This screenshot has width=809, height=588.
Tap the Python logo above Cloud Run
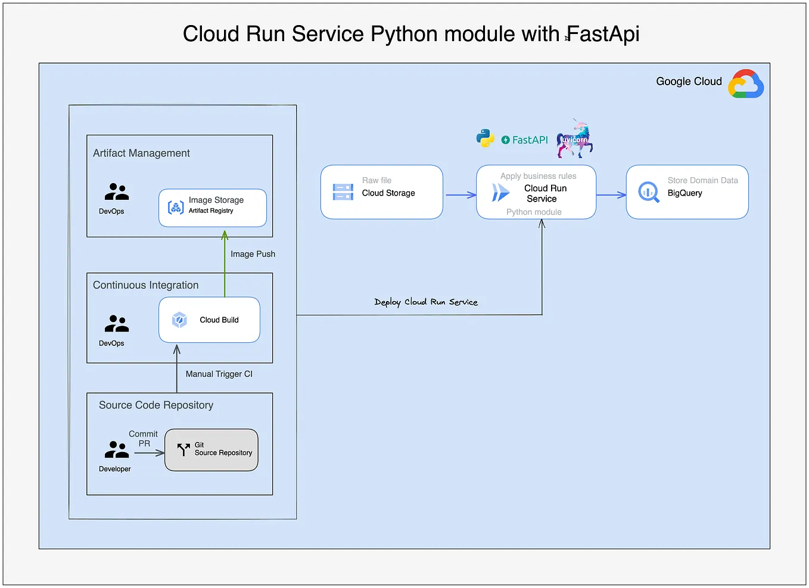point(485,138)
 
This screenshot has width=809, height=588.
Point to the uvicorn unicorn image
point(575,139)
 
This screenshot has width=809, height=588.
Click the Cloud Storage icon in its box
point(343,192)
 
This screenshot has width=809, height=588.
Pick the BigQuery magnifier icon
point(649,192)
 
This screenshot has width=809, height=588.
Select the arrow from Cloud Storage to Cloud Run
point(460,195)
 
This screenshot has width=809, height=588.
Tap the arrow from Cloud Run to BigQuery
point(611,195)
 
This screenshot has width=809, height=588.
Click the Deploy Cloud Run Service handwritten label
point(426,302)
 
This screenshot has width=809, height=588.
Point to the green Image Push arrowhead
point(225,236)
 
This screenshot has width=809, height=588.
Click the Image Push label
point(253,254)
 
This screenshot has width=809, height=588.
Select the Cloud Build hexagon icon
point(179,320)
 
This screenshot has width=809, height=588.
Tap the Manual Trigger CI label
point(219,374)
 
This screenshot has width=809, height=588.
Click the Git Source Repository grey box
point(211,450)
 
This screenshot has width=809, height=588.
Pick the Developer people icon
point(117,449)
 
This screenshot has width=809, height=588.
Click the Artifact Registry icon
point(176,208)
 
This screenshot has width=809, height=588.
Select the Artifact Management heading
point(141,153)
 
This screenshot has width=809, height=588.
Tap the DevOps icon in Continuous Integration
point(117,324)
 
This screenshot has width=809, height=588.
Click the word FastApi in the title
point(602,34)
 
